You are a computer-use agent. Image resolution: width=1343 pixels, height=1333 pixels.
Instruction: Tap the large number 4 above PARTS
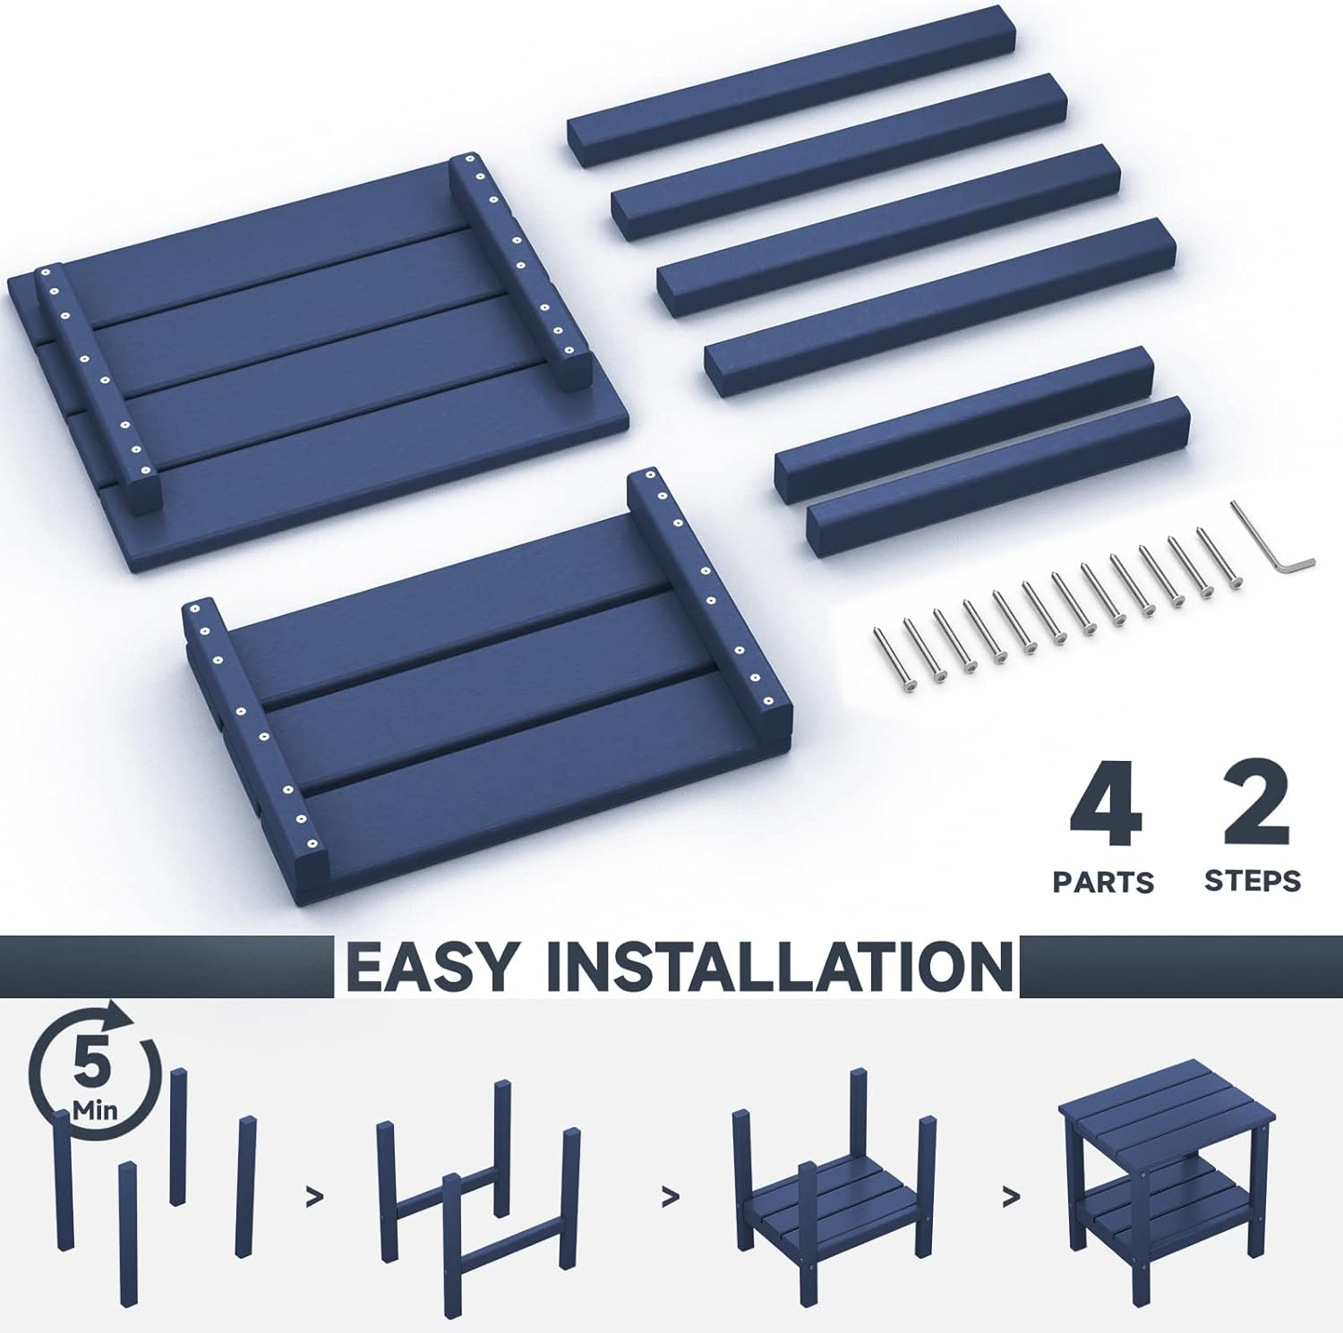[1106, 808]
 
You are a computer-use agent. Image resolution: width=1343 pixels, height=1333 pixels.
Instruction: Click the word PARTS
[1103, 882]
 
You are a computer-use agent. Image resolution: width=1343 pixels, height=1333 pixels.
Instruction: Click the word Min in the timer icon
[94, 1111]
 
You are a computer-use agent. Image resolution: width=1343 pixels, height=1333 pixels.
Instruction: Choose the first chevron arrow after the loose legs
[314, 1197]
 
